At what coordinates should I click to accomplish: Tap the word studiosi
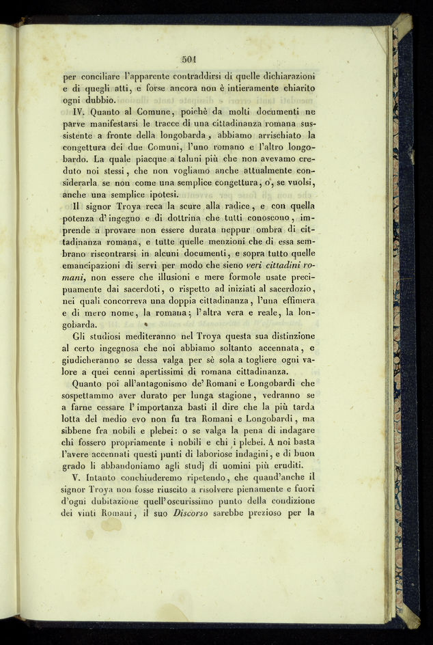[x=117, y=336]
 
